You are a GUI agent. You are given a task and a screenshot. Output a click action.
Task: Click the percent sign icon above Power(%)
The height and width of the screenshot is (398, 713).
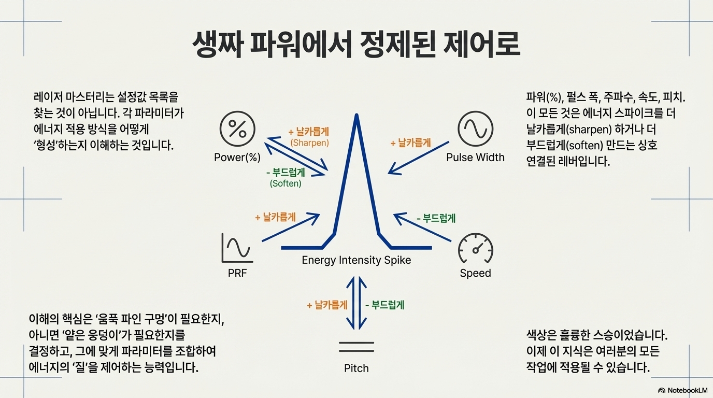point(238,128)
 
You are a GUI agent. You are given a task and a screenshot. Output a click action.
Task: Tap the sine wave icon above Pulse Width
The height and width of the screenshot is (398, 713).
point(475,128)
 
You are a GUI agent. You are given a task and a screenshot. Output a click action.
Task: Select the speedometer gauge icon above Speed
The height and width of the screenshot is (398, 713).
point(475,250)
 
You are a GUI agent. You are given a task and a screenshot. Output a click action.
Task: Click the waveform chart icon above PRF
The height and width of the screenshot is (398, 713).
point(237,248)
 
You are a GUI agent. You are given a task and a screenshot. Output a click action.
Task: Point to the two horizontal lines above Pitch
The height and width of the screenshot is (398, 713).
point(356,347)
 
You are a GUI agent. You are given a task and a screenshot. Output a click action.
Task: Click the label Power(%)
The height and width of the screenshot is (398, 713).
point(237,157)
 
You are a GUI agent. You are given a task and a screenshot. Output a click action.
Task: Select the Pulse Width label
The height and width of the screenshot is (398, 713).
point(475,157)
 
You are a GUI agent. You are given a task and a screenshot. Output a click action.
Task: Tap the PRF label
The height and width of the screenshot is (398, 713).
point(237,273)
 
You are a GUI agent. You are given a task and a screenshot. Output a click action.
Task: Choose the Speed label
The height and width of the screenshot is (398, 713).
point(475,273)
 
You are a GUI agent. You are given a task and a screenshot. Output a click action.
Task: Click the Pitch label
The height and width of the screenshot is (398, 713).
point(356,368)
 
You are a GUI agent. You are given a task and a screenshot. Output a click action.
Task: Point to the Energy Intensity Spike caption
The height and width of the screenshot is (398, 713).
point(356,260)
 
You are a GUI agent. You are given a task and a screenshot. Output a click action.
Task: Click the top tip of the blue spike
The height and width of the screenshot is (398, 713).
point(356,115)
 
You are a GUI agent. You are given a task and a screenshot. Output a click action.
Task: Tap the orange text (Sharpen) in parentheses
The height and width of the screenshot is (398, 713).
point(309,142)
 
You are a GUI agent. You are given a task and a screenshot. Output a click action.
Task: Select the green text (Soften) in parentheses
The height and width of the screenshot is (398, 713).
point(286,183)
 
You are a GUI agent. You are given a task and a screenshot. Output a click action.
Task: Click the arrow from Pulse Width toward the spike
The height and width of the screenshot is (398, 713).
point(419,157)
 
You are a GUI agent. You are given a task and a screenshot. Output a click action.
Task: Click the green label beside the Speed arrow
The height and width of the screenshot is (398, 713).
point(436,218)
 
